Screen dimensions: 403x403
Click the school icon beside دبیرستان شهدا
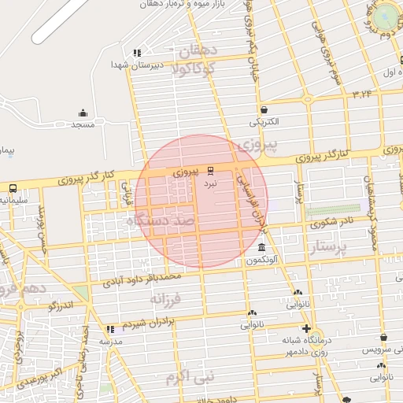[137, 53]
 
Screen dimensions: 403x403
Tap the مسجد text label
[83, 125]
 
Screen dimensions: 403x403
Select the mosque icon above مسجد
[83, 113]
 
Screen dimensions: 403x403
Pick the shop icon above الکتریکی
[263, 109]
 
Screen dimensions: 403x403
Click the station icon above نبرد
[210, 170]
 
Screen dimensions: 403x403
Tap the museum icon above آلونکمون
[261, 248]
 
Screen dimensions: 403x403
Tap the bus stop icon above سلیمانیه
[13, 187]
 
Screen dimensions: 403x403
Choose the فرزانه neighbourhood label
[165, 299]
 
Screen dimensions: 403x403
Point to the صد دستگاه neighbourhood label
[161, 223]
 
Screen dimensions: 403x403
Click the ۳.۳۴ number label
[362, 94]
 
